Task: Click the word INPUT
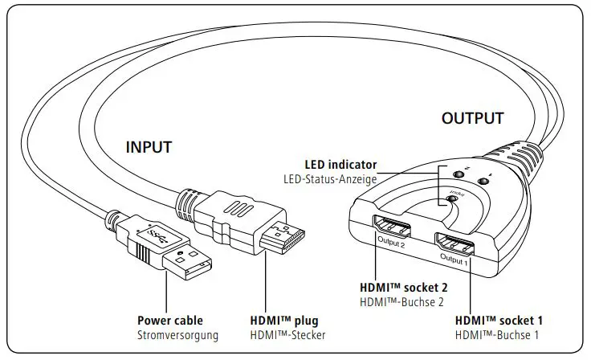point(149,147)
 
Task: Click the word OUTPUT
point(472,119)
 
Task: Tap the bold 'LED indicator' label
point(340,165)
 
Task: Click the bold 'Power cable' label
point(169,320)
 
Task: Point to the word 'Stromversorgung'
point(176,334)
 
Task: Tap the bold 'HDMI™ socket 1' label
point(496,320)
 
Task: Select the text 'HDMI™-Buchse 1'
point(496,334)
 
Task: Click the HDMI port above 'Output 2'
point(390,228)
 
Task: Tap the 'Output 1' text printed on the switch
point(454,258)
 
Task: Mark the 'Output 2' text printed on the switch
point(390,242)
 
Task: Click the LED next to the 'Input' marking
point(452,198)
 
